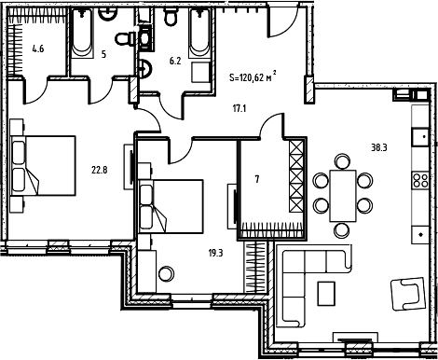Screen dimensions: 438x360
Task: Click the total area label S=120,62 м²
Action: [253, 76]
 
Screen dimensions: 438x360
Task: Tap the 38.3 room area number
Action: [379, 147]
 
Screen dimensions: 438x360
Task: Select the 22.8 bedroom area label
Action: [100, 170]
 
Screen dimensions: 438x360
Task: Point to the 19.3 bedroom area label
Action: [215, 253]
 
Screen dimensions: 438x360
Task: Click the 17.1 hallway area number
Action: [240, 109]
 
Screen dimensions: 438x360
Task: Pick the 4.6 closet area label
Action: [38, 48]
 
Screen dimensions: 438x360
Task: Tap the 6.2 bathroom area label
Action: [175, 61]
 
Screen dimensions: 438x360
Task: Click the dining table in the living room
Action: [343, 196]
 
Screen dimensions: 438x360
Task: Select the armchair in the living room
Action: [407, 294]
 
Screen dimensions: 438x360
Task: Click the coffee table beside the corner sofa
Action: [326, 294]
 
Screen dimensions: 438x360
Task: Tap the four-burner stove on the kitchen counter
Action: [420, 180]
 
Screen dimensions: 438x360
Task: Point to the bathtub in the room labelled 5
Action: [82, 34]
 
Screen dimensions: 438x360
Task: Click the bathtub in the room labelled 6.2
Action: [199, 34]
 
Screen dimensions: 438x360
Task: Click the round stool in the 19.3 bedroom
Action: [166, 273]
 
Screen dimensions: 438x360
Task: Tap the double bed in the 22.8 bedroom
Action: [43, 166]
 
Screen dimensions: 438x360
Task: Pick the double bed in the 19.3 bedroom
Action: [171, 206]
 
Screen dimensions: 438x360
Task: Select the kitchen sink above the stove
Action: [420, 137]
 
